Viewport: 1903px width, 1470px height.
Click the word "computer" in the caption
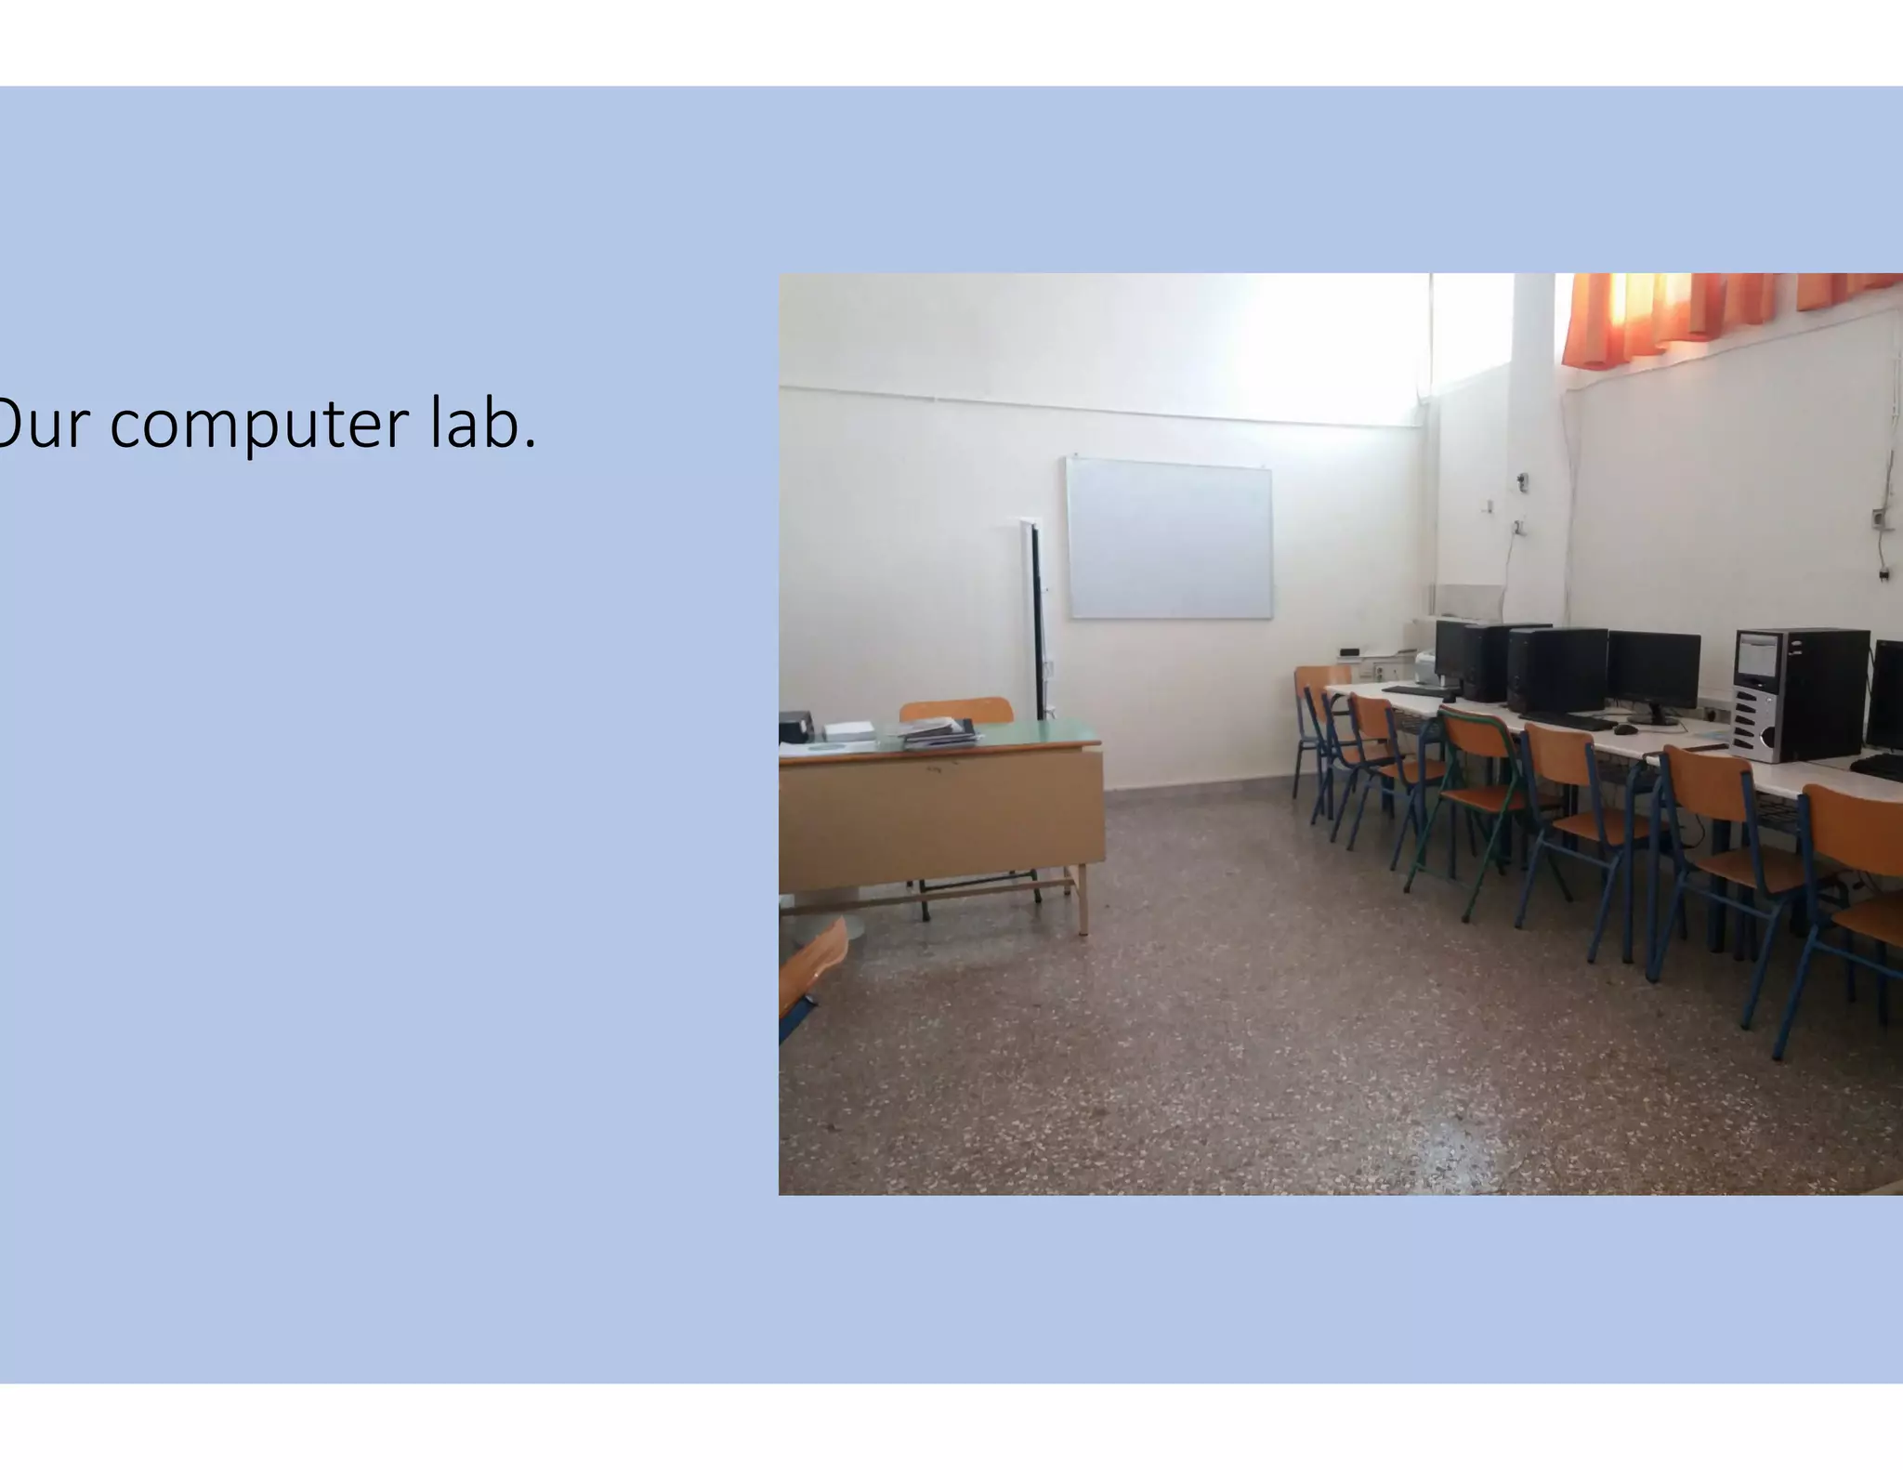tap(259, 425)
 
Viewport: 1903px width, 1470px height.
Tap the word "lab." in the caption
tap(483, 423)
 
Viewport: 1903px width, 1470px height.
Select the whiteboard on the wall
tap(1169, 539)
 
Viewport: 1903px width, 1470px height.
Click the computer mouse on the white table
tap(1625, 729)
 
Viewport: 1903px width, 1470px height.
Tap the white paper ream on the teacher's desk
tap(848, 730)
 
